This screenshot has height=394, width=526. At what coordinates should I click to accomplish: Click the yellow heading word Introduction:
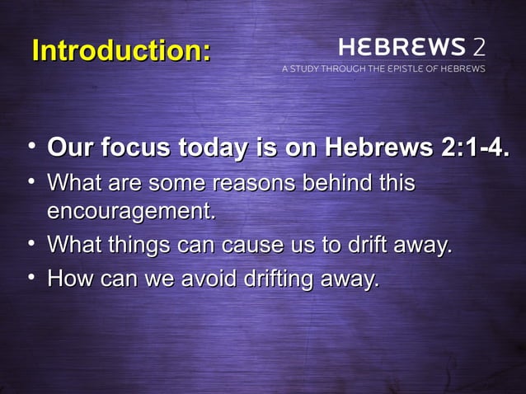click(x=121, y=51)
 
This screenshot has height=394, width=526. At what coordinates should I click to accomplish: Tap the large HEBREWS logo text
click(x=401, y=46)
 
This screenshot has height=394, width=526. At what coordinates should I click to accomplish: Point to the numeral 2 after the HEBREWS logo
click(x=478, y=46)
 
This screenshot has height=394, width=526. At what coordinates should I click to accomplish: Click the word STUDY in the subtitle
click(x=311, y=69)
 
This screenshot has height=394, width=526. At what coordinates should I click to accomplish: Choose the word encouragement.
click(x=132, y=212)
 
